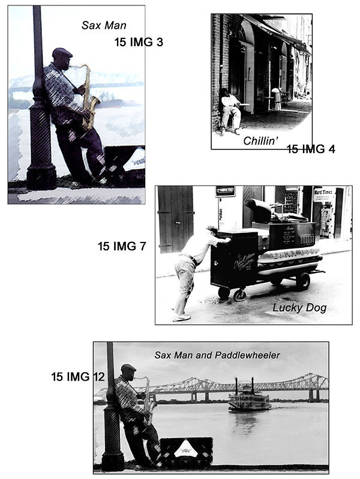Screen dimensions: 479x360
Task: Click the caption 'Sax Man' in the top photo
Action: click(x=103, y=25)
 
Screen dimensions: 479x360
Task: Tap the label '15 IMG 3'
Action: click(x=139, y=42)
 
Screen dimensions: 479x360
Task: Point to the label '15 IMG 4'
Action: click(x=310, y=149)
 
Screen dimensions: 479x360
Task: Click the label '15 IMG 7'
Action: click(x=122, y=246)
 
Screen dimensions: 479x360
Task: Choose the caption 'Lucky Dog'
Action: click(x=299, y=308)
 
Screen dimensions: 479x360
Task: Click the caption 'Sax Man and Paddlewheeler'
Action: click(x=217, y=355)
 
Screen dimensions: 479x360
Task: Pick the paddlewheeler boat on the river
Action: click(x=249, y=400)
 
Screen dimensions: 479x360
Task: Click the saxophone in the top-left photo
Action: click(x=90, y=99)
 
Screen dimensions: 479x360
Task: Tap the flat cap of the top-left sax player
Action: click(x=62, y=52)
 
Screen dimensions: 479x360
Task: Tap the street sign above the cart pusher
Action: click(x=225, y=191)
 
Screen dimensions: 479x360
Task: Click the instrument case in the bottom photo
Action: click(x=185, y=451)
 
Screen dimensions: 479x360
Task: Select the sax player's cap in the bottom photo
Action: click(x=128, y=367)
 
